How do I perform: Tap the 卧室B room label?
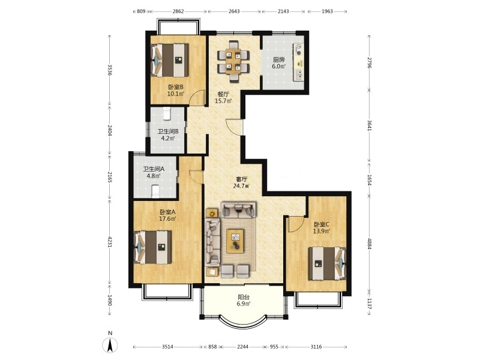click(x=176, y=87)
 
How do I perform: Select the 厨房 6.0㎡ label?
click(x=279, y=63)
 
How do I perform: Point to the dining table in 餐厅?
click(x=233, y=62)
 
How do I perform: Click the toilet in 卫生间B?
click(x=166, y=113)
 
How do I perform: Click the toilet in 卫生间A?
click(x=155, y=191)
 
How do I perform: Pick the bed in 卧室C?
click(x=327, y=263)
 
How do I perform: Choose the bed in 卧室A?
click(x=153, y=247)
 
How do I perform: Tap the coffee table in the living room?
click(x=235, y=241)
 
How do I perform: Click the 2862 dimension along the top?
click(x=178, y=11)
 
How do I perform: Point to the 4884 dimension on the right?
click(x=369, y=244)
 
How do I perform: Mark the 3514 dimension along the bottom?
click(x=167, y=347)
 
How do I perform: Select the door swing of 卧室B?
click(x=196, y=98)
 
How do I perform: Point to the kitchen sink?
click(x=298, y=74)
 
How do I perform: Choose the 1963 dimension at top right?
click(x=327, y=11)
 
